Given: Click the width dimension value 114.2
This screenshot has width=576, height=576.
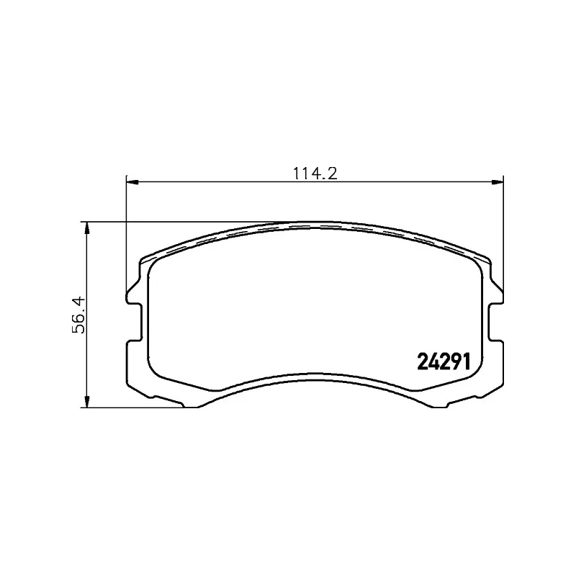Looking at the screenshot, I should pos(315,172).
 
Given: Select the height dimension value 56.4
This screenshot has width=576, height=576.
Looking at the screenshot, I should pos(80,315).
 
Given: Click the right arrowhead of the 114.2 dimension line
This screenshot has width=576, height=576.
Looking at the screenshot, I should pos(498,181).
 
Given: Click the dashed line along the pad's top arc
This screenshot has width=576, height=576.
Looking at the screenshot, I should pos(315,228).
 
